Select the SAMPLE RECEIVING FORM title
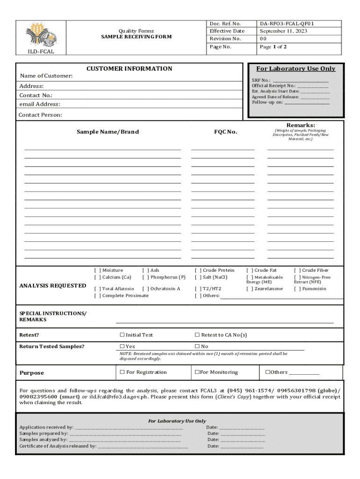coord(136,36)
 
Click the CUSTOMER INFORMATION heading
coord(129,69)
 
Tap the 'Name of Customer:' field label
coord(46,76)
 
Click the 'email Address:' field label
coord(39,104)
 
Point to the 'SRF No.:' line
coord(290,80)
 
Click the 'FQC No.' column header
coord(225,132)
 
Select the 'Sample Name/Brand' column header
coord(108,132)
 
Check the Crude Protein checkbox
coord(198,270)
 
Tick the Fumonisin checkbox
coord(297,289)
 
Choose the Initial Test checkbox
coord(122,335)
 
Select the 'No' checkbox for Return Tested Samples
coord(197,347)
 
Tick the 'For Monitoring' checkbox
coord(197,372)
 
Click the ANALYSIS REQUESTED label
coord(52,285)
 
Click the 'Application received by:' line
coord(101,427)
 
